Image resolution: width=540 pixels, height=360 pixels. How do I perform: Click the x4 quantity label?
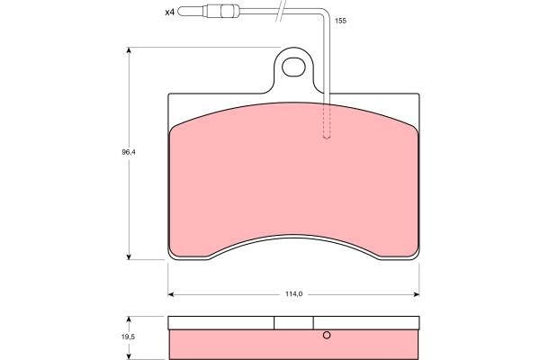pyautogui.click(x=170, y=13)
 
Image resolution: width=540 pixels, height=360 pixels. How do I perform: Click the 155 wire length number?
pyautogui.click(x=340, y=21)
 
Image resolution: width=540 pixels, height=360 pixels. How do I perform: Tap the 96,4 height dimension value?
pyautogui.click(x=129, y=152)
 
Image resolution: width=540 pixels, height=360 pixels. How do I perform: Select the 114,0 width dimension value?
pyautogui.click(x=293, y=294)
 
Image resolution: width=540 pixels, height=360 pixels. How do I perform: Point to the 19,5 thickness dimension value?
pyautogui.click(x=128, y=337)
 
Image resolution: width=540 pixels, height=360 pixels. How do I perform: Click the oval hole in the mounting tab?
pyautogui.click(x=293, y=67)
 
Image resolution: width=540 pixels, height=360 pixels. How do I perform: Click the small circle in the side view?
pyautogui.click(x=327, y=335)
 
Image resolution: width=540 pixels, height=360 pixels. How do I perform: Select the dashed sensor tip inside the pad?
pyautogui.click(x=327, y=121)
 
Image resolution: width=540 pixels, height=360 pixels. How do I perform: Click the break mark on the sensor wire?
pyautogui.click(x=283, y=11)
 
